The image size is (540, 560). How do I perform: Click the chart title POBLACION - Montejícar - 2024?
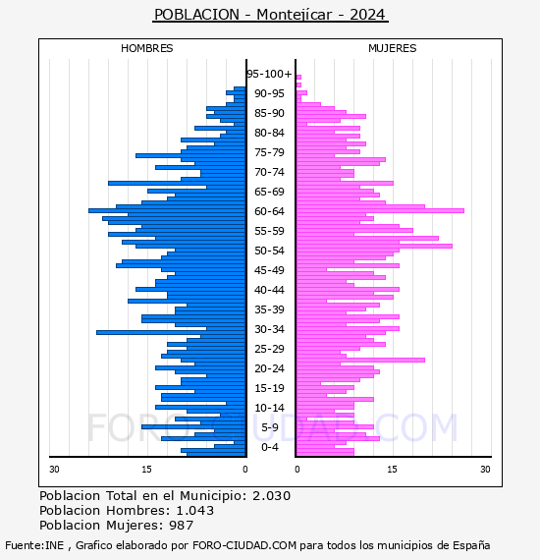click(x=270, y=15)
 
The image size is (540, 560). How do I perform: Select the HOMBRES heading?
click(x=146, y=48)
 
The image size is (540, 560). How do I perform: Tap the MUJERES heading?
click(x=393, y=48)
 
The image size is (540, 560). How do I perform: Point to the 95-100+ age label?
click(x=269, y=74)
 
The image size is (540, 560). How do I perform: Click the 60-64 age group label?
click(x=269, y=211)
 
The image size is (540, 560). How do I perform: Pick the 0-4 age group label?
click(x=270, y=447)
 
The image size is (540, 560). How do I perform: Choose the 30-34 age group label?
click(x=269, y=329)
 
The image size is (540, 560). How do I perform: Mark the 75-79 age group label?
click(x=269, y=152)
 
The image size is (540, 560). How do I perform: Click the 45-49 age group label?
click(x=269, y=270)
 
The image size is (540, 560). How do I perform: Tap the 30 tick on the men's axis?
click(x=54, y=469)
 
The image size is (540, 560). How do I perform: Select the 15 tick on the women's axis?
click(x=393, y=469)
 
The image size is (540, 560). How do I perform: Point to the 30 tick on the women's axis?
click(x=485, y=469)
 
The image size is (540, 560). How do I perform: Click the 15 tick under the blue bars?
click(x=146, y=469)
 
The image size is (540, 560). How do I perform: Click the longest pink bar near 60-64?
click(x=380, y=210)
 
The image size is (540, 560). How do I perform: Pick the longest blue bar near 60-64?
click(x=167, y=210)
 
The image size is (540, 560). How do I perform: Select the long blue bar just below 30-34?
click(x=171, y=332)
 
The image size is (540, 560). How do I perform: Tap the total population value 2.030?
click(x=272, y=496)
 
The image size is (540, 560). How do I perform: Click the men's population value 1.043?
click(x=195, y=510)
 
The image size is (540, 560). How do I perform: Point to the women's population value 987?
click(x=182, y=525)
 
